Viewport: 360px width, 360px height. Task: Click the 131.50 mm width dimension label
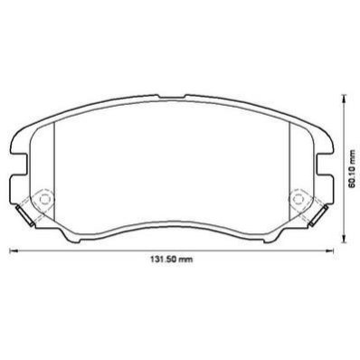tap(171, 259)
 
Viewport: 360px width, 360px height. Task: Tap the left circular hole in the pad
tap(44, 199)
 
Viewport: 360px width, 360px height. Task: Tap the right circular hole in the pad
tap(298, 199)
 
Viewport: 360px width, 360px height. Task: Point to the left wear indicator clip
tap(25, 215)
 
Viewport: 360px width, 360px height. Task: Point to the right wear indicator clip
tap(318, 215)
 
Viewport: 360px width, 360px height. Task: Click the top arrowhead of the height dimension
tap(343, 98)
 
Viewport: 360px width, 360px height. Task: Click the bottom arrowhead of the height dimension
tap(343, 239)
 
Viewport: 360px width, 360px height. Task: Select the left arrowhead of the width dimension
tap(14, 251)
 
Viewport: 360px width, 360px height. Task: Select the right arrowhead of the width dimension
tap(329, 251)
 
